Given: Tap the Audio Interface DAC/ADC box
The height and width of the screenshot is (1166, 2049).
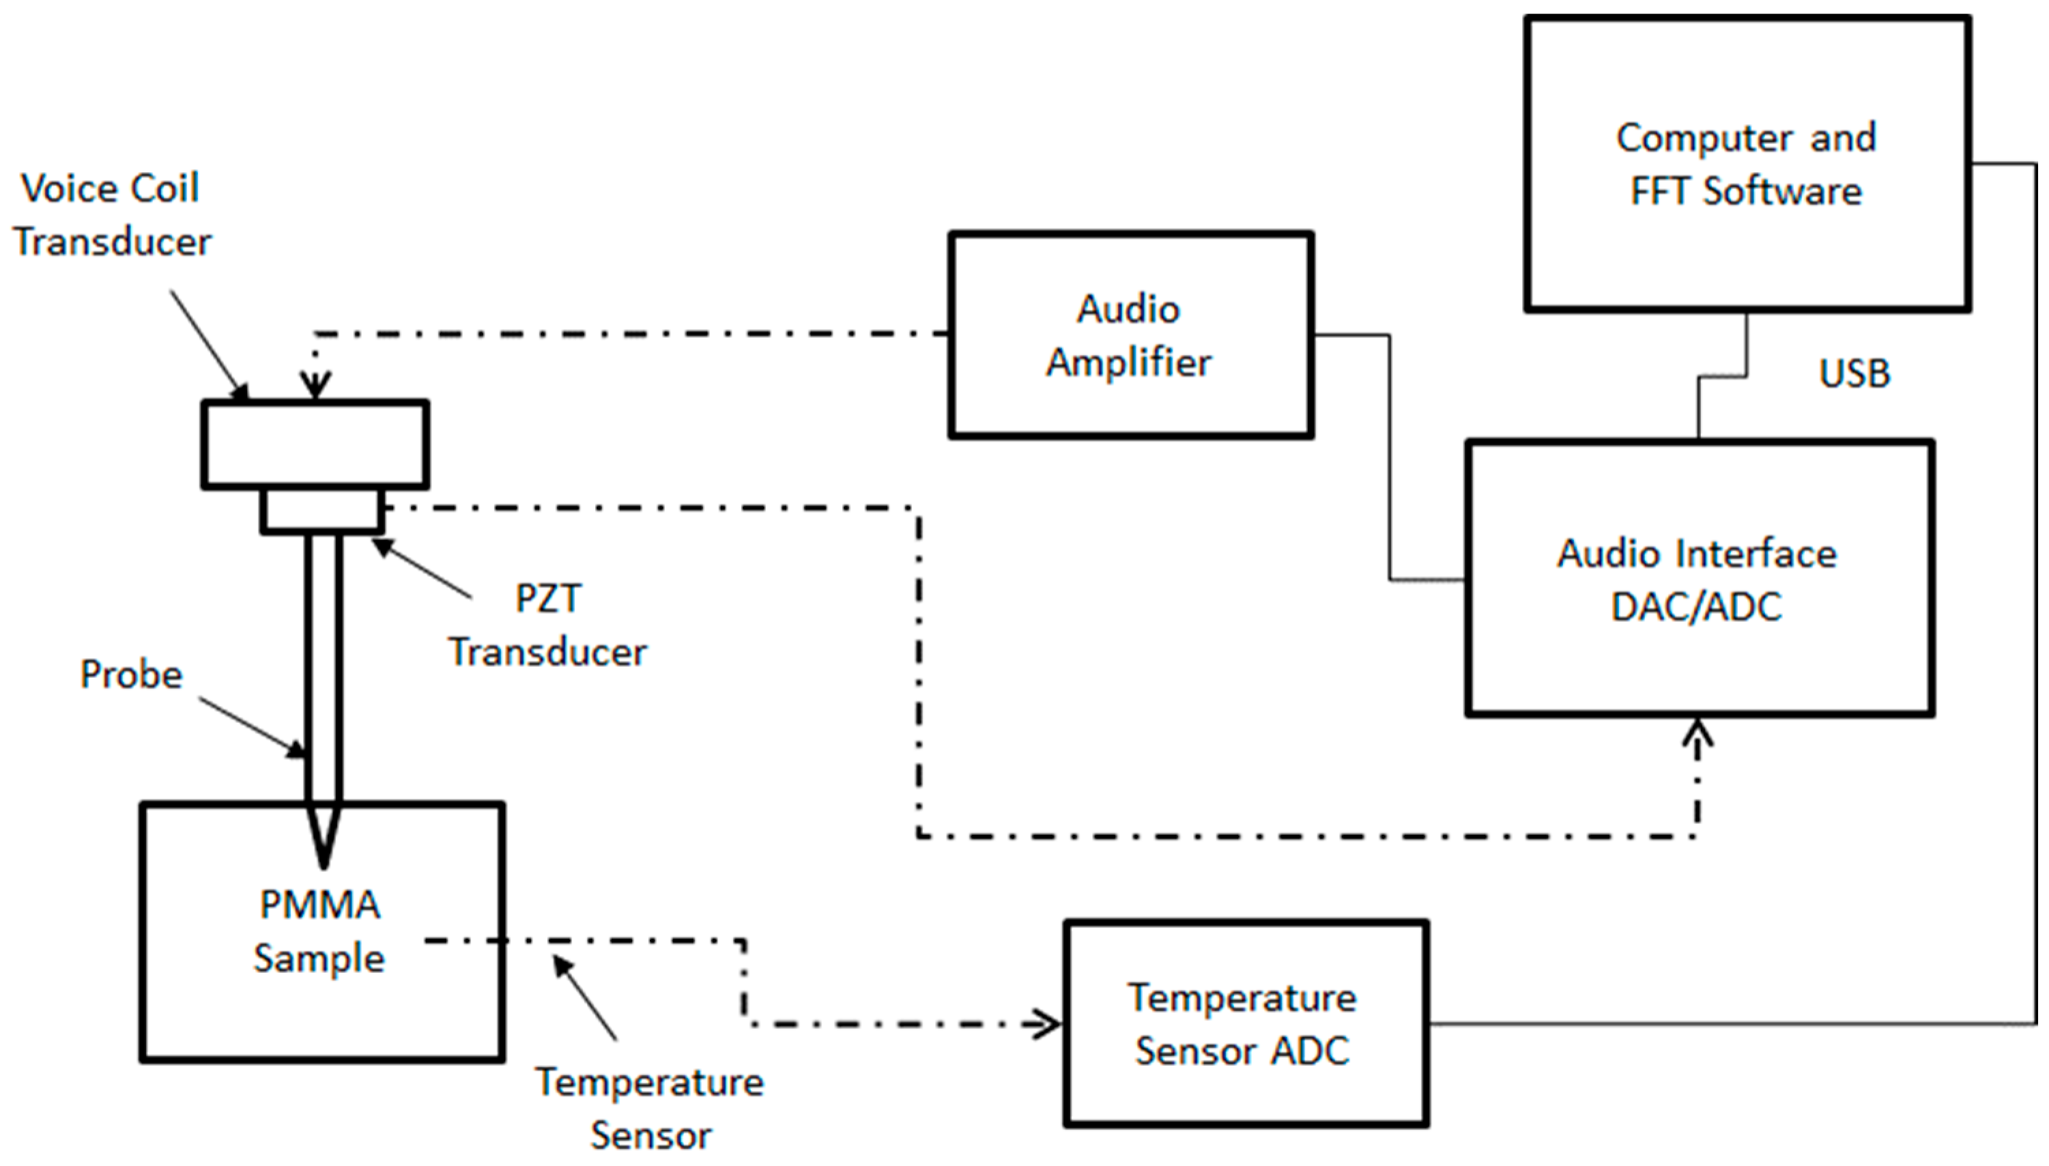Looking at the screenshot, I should pos(1697,578).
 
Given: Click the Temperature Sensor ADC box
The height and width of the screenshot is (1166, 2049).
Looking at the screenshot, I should pos(1244,1023).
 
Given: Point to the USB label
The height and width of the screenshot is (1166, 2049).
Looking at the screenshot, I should pos(1854,373).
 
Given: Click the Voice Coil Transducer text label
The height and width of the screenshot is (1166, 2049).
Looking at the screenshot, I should pos(112,214).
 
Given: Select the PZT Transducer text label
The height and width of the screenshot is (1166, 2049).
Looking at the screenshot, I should pos(547,625).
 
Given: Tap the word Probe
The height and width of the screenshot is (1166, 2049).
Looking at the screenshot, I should pos(131,674).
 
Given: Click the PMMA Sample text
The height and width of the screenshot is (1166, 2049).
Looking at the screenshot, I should pos(320,930).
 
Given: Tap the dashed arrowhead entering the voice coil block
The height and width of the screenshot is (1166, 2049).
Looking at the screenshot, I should pos(315,386).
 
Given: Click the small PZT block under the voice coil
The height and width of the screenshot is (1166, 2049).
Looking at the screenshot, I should pos(322,511).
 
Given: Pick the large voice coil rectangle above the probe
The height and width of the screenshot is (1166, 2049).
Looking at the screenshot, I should pos(315,444).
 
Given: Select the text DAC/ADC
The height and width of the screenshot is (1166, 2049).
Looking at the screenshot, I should pos(1696,606).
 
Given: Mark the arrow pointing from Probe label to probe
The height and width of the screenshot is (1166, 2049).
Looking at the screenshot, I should pos(253,726).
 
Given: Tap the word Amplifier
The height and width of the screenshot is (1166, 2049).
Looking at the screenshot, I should pos(1129,362).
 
